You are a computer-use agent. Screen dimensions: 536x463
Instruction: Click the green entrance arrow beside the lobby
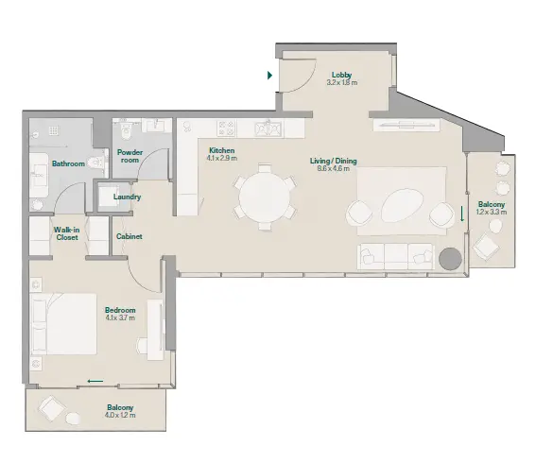coord(269,76)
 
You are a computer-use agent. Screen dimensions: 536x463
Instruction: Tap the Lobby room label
coord(341,75)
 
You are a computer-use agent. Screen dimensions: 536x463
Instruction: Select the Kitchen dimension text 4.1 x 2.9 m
coord(221,158)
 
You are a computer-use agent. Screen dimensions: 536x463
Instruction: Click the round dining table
coord(264,197)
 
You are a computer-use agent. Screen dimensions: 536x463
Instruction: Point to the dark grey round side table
coord(450,258)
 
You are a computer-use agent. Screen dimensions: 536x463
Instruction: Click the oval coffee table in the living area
coord(403,204)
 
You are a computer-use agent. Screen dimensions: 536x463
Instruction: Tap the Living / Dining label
coord(334,161)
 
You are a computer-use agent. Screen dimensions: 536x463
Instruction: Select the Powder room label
coord(130,156)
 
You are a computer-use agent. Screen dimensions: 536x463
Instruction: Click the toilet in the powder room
coord(126,131)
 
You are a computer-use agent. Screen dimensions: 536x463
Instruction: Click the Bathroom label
coord(68,163)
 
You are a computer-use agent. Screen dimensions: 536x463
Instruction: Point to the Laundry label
coord(128,197)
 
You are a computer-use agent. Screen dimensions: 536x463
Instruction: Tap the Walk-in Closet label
coord(67,233)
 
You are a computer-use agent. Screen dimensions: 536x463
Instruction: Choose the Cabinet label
coord(130,236)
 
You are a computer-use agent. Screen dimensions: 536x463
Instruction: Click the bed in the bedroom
coord(63,323)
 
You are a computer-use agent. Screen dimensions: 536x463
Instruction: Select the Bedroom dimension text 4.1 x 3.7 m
coord(120,317)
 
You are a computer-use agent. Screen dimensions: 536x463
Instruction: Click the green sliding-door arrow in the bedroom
coord(95,381)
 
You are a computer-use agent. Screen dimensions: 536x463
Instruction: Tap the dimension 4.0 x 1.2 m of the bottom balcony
coord(120,415)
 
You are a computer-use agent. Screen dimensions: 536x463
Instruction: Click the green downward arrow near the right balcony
coord(462,214)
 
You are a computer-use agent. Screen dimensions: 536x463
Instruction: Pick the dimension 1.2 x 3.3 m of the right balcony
coord(492,212)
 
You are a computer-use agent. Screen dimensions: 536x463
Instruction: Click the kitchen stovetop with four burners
coord(227,129)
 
